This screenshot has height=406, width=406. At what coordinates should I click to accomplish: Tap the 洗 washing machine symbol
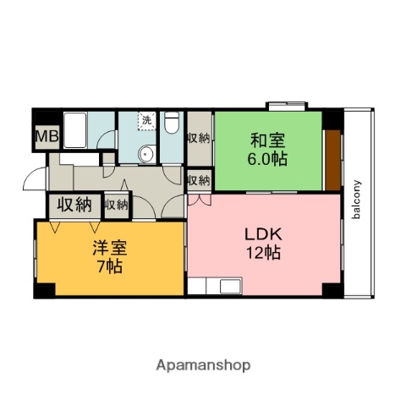pos(146,121)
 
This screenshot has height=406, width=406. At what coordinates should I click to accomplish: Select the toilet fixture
pos(171,124)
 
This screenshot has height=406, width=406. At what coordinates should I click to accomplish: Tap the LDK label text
pos(262,233)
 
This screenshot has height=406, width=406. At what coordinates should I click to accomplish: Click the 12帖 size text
pos(263,252)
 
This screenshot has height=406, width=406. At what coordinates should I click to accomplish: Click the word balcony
pos(357,199)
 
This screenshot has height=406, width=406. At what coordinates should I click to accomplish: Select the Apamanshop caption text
pos(203,365)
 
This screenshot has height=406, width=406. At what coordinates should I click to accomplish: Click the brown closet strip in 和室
pos(332,158)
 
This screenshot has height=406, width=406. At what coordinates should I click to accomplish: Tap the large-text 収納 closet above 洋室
pos(74,204)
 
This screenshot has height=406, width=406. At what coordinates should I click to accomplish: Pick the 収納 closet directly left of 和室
pos(199,137)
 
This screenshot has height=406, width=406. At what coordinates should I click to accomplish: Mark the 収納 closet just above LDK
pos(199,180)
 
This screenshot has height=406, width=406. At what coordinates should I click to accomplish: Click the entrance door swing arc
pos(34,180)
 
